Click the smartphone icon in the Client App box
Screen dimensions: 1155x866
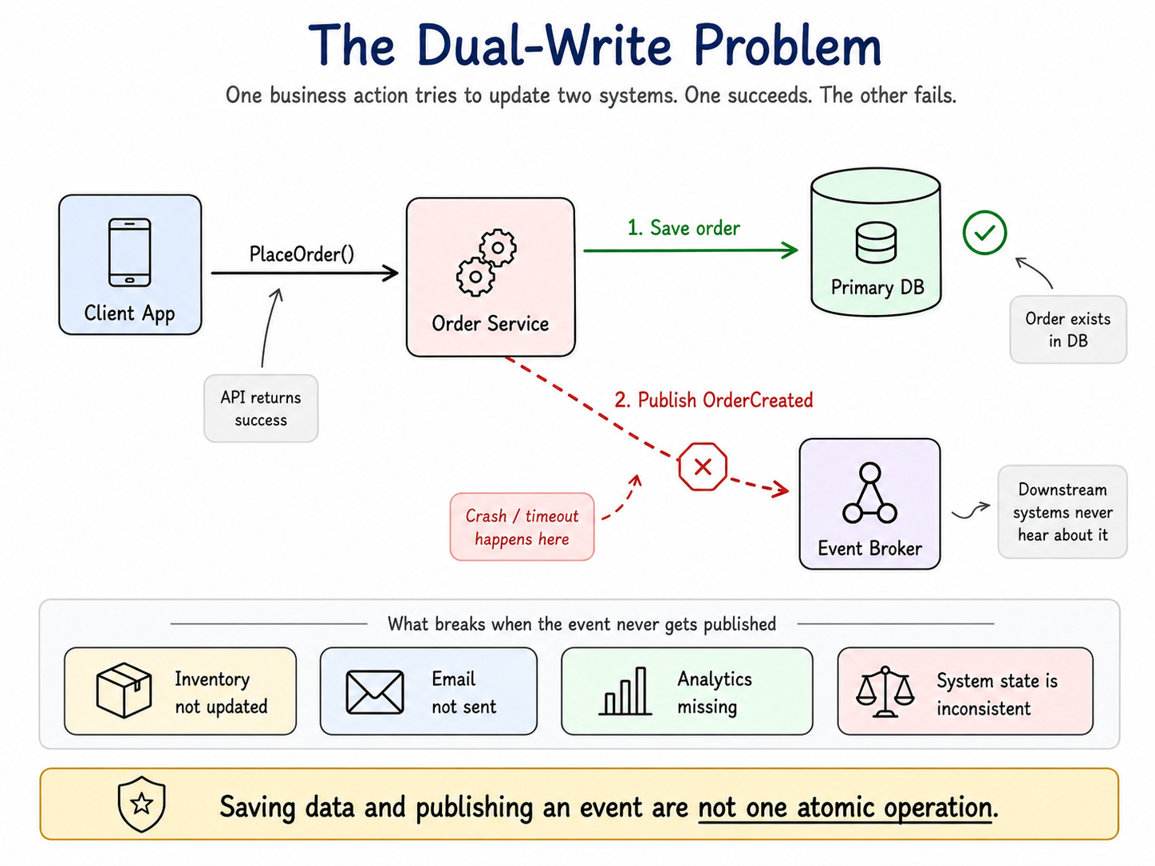click(129, 253)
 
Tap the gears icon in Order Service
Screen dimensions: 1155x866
click(487, 262)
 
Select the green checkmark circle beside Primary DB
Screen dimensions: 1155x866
click(984, 232)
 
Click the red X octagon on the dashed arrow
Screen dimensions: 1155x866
click(703, 466)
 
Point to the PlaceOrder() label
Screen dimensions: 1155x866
click(302, 254)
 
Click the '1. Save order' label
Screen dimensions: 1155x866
click(684, 228)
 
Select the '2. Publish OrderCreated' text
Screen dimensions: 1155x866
click(714, 400)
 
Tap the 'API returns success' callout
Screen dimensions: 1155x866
click(261, 408)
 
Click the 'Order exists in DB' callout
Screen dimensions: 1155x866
click(1067, 329)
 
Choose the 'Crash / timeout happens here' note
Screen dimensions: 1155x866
click(522, 527)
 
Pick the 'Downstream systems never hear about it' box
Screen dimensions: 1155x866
click(1062, 512)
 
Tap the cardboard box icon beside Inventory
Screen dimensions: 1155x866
click(124, 690)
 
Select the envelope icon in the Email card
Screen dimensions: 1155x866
click(375, 692)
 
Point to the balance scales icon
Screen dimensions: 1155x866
click(885, 692)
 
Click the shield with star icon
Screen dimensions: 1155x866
click(141, 804)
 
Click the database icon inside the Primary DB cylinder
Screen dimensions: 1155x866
click(876, 242)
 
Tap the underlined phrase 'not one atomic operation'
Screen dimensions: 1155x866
click(845, 807)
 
